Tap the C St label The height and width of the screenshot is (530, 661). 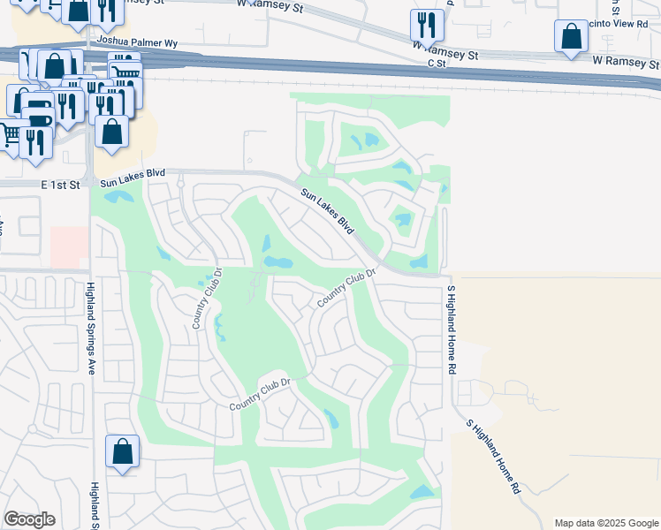click(x=435, y=64)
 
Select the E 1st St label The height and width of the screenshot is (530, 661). click(x=60, y=185)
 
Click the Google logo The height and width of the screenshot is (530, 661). click(x=29, y=519)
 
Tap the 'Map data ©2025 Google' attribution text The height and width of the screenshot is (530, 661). click(x=606, y=523)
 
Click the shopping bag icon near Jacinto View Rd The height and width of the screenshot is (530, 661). click(x=572, y=38)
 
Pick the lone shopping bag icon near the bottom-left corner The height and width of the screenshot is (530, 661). click(x=123, y=451)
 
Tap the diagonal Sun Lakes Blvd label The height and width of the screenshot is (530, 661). click(x=327, y=211)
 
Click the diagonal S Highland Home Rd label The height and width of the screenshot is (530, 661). click(x=493, y=455)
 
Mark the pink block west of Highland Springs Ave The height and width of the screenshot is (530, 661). click(x=69, y=246)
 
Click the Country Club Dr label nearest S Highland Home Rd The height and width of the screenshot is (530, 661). click(x=347, y=290)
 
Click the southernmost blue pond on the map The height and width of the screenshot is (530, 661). click(x=423, y=491)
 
